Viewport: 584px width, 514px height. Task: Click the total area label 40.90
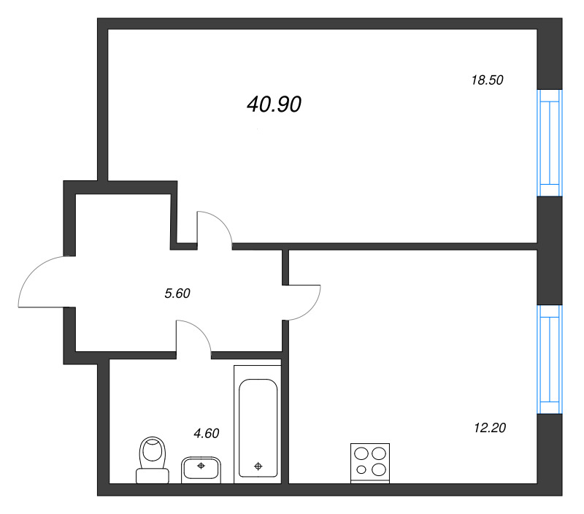(x=274, y=105)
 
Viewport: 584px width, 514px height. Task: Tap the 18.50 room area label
(x=488, y=81)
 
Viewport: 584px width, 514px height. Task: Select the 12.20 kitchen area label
(x=490, y=427)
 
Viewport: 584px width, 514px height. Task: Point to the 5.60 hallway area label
(x=177, y=294)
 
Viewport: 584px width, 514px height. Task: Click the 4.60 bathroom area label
(x=206, y=433)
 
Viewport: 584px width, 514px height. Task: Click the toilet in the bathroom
(x=153, y=459)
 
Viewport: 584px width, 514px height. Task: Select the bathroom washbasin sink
(x=201, y=467)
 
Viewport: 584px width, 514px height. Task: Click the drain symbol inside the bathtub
(x=258, y=466)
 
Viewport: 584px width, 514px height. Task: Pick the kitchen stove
(x=370, y=461)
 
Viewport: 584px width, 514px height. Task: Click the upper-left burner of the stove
(x=362, y=453)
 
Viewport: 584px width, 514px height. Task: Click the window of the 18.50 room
(x=549, y=143)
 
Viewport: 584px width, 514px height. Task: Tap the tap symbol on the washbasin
(x=201, y=464)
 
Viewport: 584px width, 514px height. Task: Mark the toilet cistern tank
(x=153, y=475)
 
